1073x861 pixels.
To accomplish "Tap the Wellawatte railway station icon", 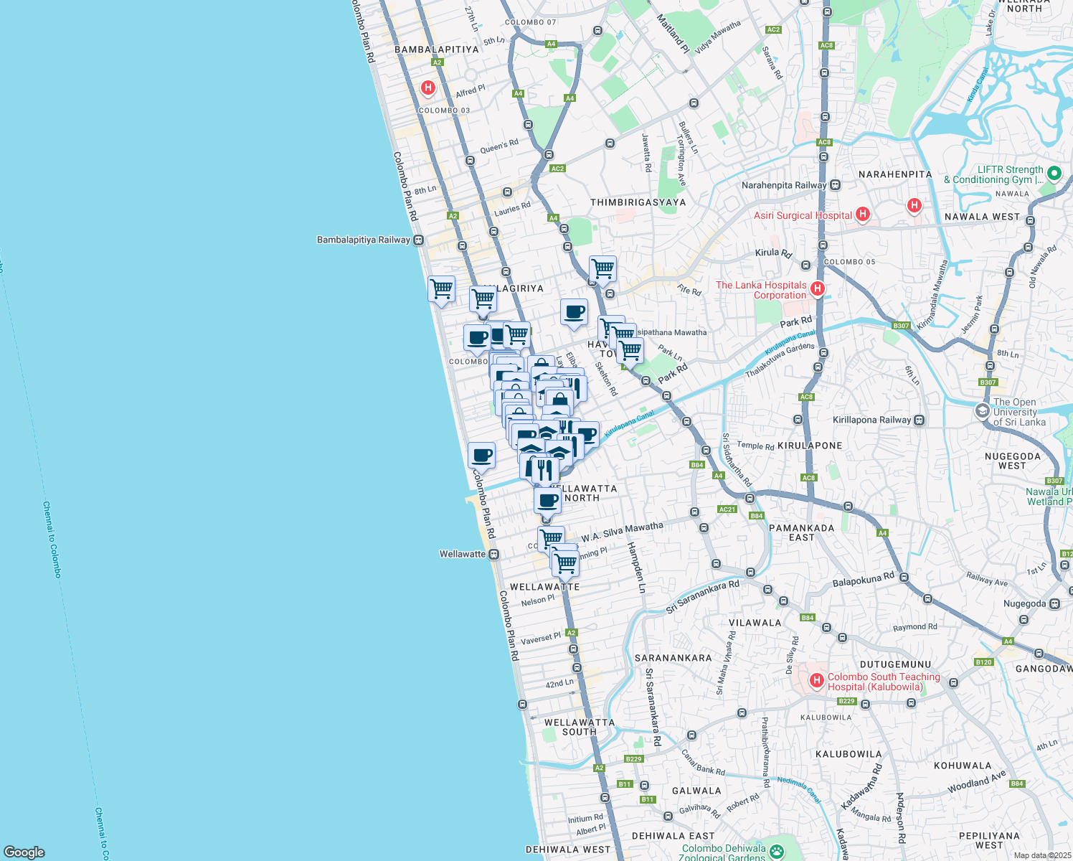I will (x=493, y=555).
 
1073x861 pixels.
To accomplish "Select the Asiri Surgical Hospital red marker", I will (x=863, y=214).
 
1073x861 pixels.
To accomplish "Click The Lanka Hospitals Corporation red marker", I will (x=816, y=288).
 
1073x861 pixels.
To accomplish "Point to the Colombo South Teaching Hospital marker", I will (x=816, y=680).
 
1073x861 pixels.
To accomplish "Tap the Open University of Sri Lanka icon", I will (x=982, y=411).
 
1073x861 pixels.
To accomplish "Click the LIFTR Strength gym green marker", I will (x=1054, y=173).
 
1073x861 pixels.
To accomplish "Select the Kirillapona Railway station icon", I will (x=920, y=420).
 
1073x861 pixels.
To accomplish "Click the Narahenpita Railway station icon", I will (x=835, y=185).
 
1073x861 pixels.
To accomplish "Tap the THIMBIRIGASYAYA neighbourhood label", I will (x=638, y=202).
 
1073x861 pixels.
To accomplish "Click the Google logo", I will (x=24, y=852).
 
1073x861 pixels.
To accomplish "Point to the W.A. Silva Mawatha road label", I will (x=622, y=532).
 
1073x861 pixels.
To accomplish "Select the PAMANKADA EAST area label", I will (x=801, y=532).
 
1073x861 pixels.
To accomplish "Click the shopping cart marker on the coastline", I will (x=441, y=289).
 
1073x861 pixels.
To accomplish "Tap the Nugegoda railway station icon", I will (x=1054, y=604).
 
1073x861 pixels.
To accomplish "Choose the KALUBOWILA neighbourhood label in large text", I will (x=849, y=754).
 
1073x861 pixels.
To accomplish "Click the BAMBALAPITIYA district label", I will (x=436, y=50).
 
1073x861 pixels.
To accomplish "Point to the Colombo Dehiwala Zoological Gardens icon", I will (x=775, y=852).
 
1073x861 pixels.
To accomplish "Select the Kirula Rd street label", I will (x=773, y=253).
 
